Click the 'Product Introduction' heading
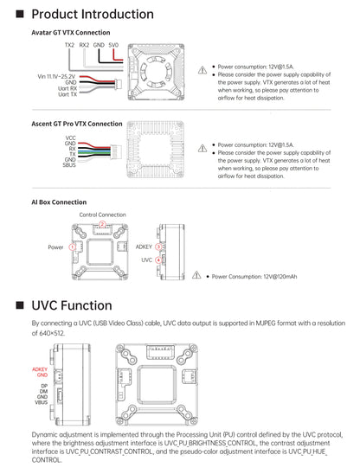pos(93,14)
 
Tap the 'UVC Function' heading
pos(72,305)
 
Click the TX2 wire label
pos(69,45)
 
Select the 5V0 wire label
pos(113,45)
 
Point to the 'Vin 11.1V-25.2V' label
pos(56,76)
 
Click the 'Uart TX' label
pos(67,94)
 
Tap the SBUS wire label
pos(69,165)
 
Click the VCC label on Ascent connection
pos(70,138)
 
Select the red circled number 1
pos(72,247)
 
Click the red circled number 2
pos(103,224)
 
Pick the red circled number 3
pos(158,247)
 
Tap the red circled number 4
pos(158,260)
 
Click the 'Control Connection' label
pos(103,215)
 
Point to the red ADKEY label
pos(40,369)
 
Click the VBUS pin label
pos(42,402)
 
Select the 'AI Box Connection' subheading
pos(59,202)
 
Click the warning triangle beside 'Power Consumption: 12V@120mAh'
pos(196,275)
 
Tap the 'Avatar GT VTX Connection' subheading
pos(71,32)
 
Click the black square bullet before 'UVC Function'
pos(20,305)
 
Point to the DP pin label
pos(44,386)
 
